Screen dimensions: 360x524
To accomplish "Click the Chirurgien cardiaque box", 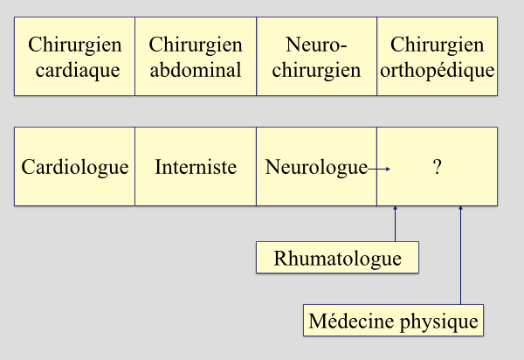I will (x=75, y=57).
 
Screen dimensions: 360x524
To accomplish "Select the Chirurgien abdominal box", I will (x=196, y=57).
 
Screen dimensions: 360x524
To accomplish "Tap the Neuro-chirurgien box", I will (x=316, y=57).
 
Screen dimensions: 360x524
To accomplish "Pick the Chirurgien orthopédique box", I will (x=437, y=57).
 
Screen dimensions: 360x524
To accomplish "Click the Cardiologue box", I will (x=75, y=167).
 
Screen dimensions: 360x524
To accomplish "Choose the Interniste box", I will (x=196, y=167).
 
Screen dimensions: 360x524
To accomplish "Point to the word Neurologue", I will (x=315, y=167).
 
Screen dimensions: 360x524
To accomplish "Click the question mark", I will (x=437, y=167).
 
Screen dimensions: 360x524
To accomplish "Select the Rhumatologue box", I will (x=337, y=259).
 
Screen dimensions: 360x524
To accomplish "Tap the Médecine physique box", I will (x=394, y=321).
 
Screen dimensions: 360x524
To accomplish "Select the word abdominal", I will (x=196, y=70).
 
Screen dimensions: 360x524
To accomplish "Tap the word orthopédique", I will (x=438, y=70).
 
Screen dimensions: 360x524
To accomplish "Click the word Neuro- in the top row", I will (x=316, y=45).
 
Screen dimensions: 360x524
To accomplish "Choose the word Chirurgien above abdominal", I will (x=196, y=45).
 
